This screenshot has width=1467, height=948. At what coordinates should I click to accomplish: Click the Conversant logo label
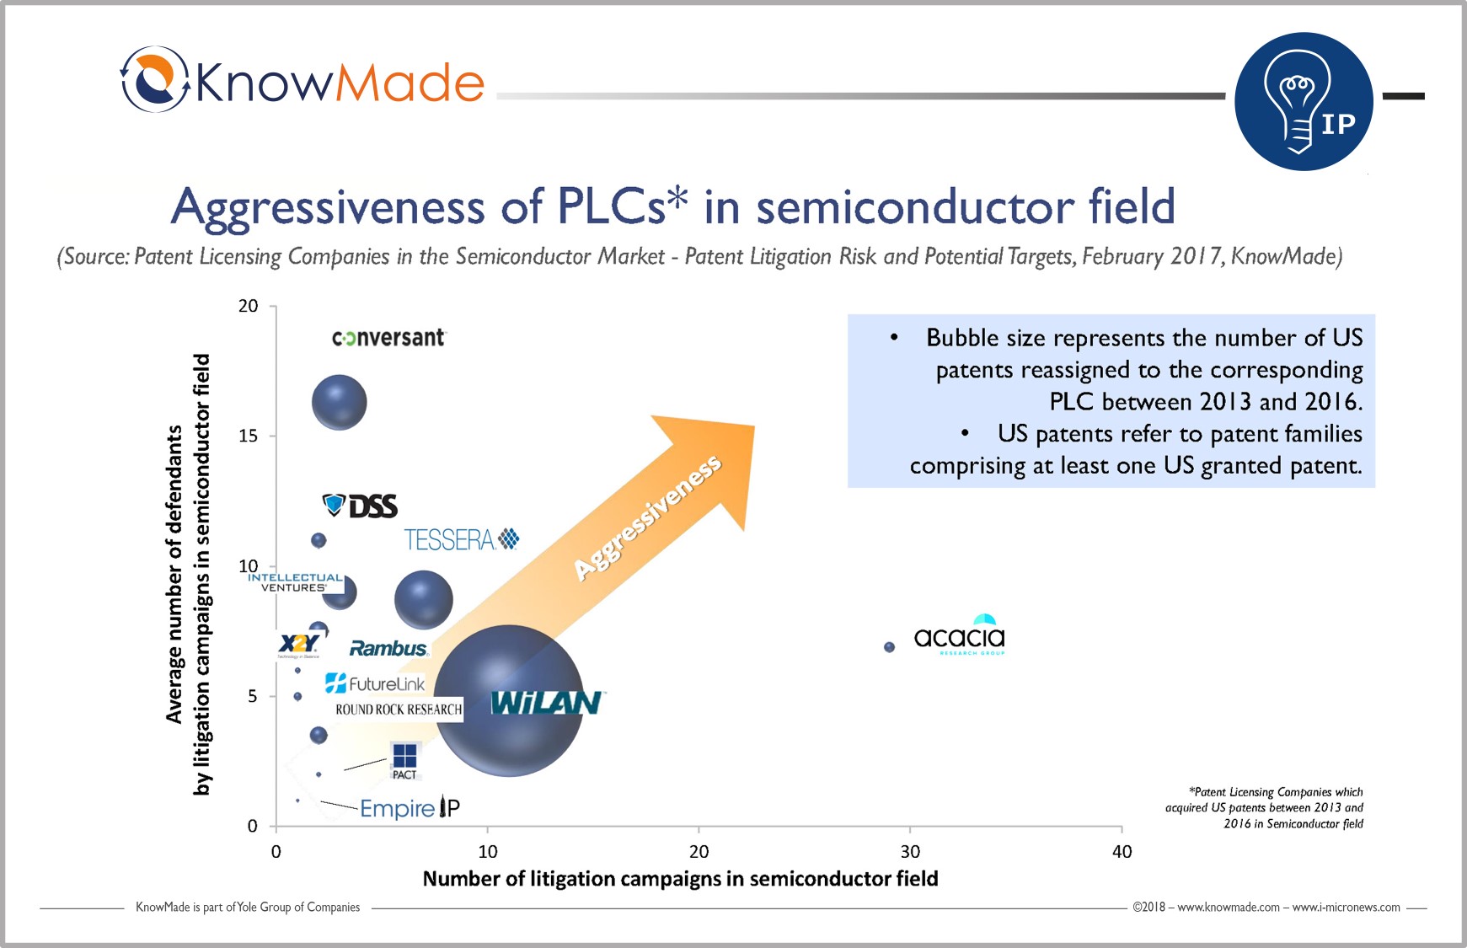[x=388, y=338]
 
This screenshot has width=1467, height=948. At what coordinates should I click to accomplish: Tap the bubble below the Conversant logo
[x=340, y=403]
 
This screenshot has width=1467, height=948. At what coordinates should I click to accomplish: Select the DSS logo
[x=361, y=506]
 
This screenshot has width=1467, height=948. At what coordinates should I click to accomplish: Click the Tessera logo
[x=461, y=539]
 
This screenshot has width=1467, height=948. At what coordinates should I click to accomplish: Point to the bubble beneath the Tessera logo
[x=424, y=600]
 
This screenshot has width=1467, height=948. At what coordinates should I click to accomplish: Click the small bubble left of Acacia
[x=889, y=647]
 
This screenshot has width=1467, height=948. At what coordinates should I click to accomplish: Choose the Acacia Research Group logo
[x=960, y=635]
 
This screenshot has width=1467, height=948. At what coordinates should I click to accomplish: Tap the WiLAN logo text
[x=546, y=703]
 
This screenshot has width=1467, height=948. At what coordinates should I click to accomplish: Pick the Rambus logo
[x=388, y=648]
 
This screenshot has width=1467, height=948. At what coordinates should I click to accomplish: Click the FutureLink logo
[x=375, y=683]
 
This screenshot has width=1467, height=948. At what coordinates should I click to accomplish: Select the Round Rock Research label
[x=399, y=710]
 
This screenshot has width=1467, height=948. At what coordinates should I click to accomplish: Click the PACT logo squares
[x=404, y=756]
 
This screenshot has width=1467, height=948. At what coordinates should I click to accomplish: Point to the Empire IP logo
[x=410, y=808]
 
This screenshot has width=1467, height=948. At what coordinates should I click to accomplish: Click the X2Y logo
[x=298, y=645]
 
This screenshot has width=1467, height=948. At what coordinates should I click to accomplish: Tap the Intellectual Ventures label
[x=295, y=582]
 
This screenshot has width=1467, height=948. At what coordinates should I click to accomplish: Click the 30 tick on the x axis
[x=910, y=851]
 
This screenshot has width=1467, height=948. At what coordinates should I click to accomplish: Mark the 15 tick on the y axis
[x=248, y=436]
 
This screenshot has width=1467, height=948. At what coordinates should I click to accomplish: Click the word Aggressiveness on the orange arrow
[x=647, y=517]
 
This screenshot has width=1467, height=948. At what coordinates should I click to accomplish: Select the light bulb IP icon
[x=1304, y=102]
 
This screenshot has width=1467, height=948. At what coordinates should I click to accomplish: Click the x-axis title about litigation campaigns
[x=680, y=879]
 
